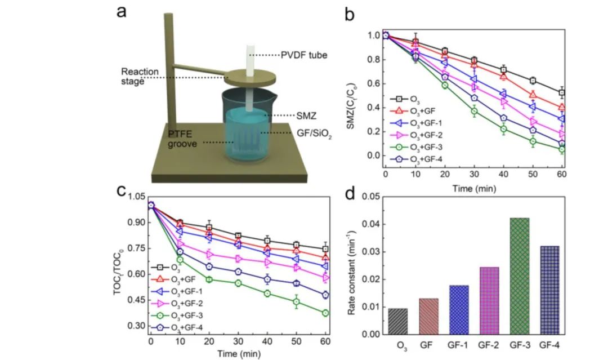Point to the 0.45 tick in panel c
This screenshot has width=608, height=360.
pos(136,300)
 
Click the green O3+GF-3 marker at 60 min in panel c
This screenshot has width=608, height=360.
pos(325,313)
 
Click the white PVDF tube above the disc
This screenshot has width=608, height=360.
pos(250,58)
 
